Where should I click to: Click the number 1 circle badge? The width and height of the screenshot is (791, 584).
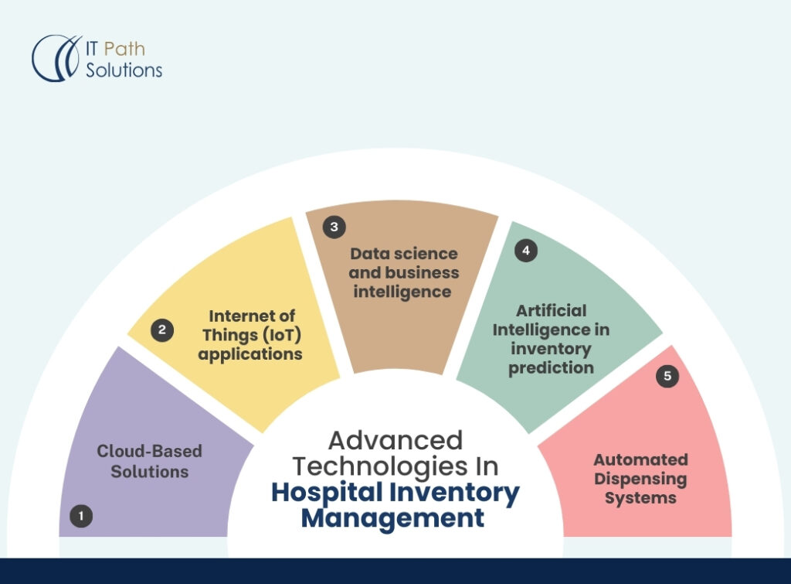click(81, 516)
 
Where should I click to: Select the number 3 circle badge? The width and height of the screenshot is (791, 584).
click(334, 227)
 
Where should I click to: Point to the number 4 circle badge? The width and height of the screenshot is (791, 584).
click(526, 251)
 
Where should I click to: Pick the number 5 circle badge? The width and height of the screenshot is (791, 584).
click(667, 377)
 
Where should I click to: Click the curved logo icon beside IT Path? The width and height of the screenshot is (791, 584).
click(56, 57)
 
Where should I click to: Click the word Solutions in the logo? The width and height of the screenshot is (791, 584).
click(124, 70)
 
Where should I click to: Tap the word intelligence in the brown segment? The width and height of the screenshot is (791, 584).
click(401, 292)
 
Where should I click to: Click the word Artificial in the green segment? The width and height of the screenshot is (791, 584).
click(552, 310)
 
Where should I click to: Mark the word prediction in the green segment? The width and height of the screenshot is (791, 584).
click(551, 367)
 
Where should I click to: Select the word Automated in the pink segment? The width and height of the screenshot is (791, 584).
click(640, 459)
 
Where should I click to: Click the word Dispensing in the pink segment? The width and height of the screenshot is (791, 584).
click(640, 479)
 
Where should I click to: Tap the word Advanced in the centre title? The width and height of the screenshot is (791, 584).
click(395, 440)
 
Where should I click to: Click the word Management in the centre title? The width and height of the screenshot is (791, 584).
click(393, 517)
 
